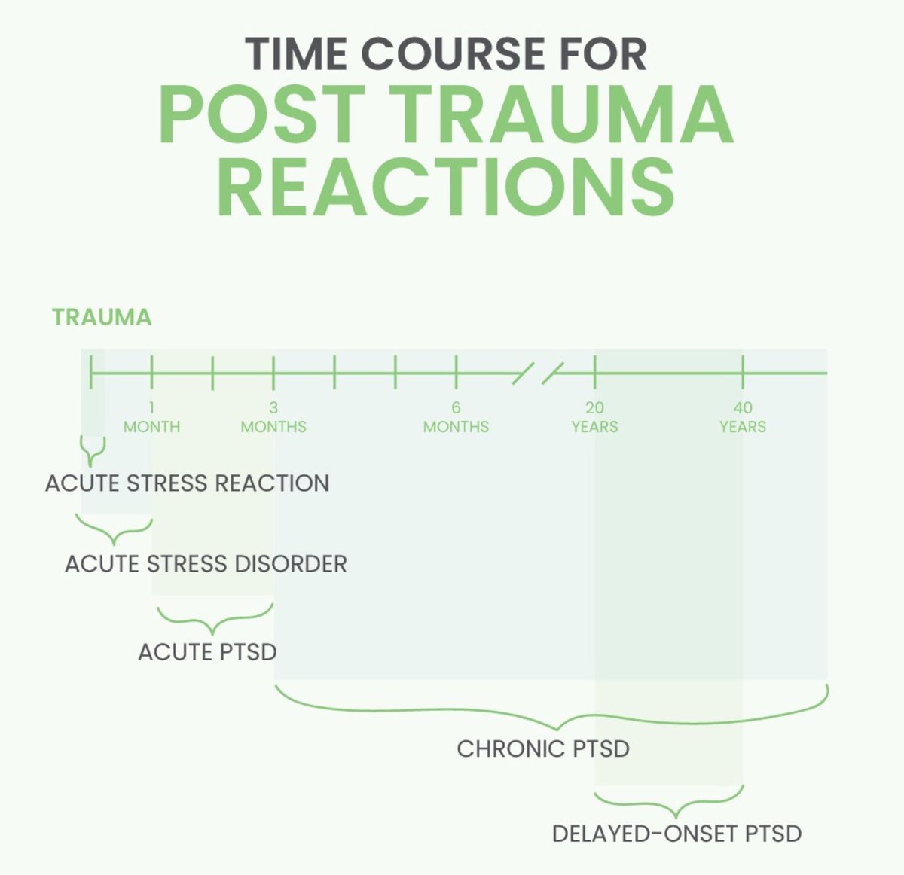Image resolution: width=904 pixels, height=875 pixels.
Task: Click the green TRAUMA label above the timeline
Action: pos(102,317)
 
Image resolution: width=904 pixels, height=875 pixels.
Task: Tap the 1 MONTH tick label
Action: pos(151,417)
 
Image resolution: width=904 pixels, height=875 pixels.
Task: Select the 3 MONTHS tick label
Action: pos(273,417)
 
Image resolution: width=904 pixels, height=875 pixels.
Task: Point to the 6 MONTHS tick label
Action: pos(456,417)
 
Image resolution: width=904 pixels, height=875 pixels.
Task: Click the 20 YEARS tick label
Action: pos(594,417)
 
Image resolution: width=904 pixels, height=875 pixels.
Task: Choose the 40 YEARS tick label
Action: pos(743,417)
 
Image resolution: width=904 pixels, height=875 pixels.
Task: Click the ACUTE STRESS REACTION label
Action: pos(188,483)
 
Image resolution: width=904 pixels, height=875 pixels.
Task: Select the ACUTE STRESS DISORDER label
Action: pos(206,563)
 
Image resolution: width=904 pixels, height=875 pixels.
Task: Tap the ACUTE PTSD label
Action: pos(207,651)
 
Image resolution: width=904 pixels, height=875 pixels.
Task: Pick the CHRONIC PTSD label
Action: pos(543,749)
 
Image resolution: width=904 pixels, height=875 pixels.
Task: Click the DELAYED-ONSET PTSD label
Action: pos(676,834)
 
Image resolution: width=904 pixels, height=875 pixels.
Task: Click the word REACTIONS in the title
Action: pos(446,184)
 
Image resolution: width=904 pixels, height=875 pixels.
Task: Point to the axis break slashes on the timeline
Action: pos(538,373)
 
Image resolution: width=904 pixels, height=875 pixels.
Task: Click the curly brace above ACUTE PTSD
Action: pos(214,619)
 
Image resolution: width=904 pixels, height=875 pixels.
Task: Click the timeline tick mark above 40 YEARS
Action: pos(743,372)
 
